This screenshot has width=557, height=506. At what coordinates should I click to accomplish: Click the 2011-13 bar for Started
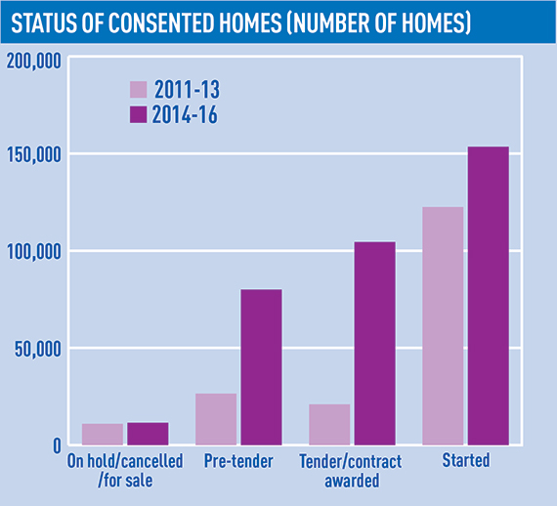pos(443,325)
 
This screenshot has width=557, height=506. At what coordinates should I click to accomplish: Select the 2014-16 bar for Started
pos(489,295)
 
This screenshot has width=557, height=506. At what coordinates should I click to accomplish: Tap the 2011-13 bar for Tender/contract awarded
pos(329,424)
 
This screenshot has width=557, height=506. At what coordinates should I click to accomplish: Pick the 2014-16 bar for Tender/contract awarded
pos(375,344)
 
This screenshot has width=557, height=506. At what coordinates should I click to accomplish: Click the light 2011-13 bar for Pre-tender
pos(216,419)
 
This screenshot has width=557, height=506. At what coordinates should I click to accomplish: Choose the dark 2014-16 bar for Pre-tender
pos(262,367)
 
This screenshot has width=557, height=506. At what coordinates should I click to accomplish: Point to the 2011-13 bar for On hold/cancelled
pos(103,435)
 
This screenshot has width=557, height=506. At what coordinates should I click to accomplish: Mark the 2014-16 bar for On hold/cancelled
pos(148,434)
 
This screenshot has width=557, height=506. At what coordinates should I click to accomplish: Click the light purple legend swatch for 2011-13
pos(138,90)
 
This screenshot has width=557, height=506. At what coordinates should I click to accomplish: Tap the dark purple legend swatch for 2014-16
pos(138,114)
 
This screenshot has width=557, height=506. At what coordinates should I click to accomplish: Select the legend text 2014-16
pos(185,114)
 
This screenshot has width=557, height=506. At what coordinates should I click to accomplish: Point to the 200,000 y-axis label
pos(34,62)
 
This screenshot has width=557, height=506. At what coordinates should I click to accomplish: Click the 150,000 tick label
pos(34,154)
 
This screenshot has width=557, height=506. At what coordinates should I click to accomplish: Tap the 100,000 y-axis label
pos(34,252)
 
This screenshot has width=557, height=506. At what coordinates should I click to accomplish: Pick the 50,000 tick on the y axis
pos(38,350)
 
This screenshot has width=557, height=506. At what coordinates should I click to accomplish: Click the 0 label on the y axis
pos(58,445)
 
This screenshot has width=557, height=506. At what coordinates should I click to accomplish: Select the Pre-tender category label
pos(238,461)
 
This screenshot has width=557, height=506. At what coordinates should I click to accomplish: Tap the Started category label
pos(466,460)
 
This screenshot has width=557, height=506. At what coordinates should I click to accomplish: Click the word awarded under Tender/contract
pos(352,481)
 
